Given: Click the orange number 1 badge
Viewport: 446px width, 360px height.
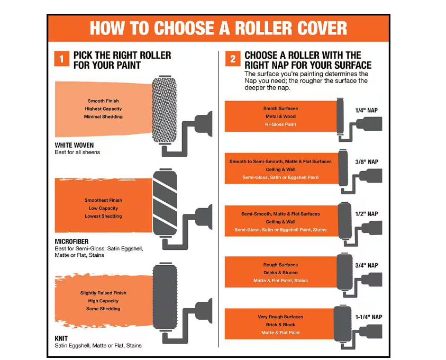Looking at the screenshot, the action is [62, 59].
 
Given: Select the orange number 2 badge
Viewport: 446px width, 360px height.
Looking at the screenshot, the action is [233, 59].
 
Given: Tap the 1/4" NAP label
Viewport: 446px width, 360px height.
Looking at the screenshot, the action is [366, 111].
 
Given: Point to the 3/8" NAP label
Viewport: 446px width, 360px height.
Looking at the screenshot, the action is [367, 162].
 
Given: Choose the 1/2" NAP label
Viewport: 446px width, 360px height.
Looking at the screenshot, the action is [367, 214].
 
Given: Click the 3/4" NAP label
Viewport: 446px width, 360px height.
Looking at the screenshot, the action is [367, 265].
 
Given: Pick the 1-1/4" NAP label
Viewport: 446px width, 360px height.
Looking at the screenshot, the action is [369, 317].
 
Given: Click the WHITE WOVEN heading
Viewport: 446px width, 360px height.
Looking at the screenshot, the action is [74, 145].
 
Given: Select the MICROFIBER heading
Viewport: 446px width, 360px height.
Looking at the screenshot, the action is [71, 241].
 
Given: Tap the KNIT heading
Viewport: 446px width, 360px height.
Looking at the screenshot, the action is [61, 338].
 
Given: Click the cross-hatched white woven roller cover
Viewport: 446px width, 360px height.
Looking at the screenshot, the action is [164, 110].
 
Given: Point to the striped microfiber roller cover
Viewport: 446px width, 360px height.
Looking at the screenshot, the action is [165, 203].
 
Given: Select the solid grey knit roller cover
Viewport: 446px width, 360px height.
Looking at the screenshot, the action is [165, 297].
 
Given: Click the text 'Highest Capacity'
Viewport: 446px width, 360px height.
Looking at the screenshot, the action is [103, 109].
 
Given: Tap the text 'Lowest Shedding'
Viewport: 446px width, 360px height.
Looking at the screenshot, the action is [103, 216].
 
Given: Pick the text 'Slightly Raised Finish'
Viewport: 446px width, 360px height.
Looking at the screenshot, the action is [103, 293].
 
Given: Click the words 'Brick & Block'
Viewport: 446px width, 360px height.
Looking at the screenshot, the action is [280, 325].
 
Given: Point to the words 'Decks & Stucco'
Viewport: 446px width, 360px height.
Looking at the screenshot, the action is [280, 273].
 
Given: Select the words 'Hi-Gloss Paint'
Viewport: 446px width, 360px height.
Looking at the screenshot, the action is [280, 124].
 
